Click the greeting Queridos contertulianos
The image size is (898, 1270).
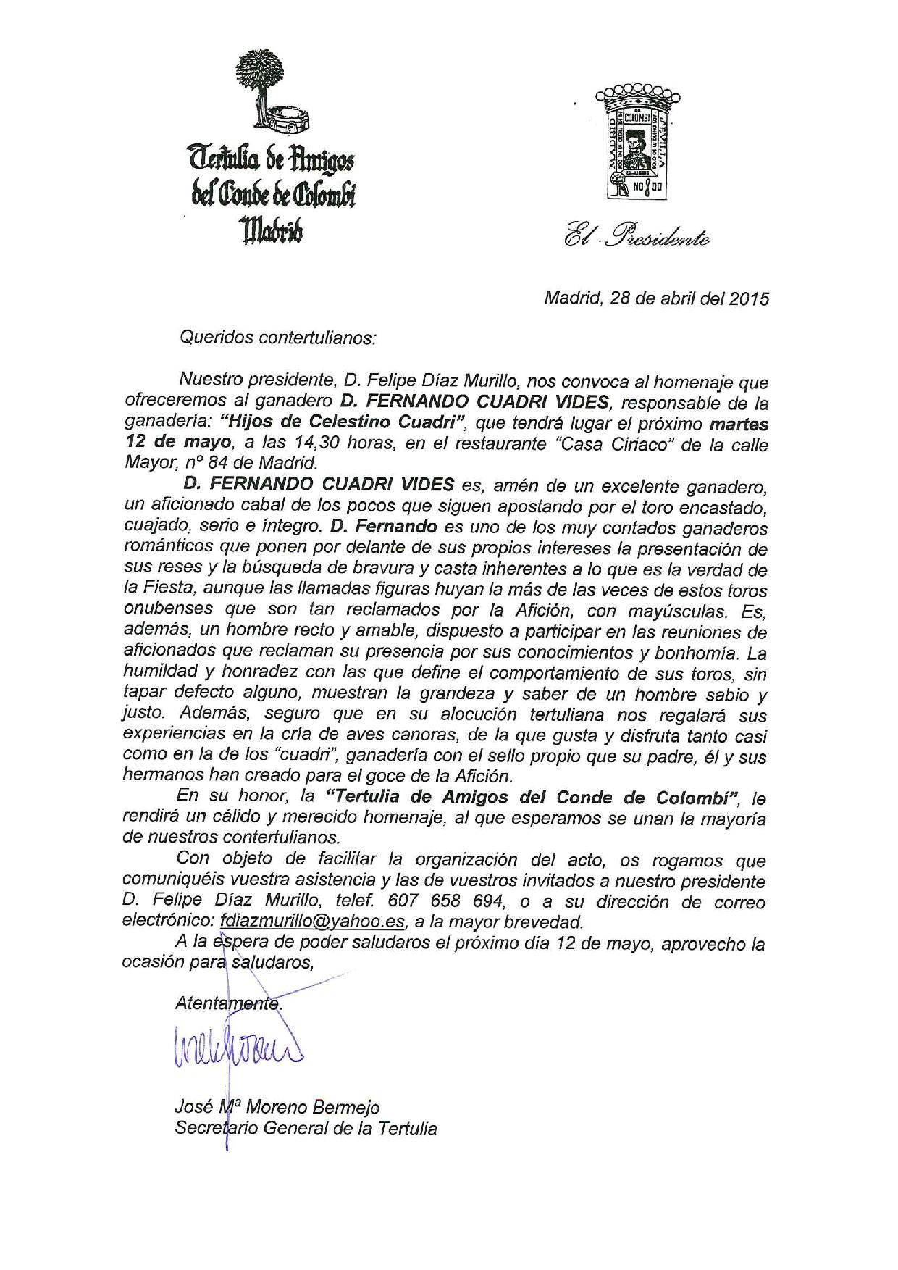click(x=278, y=337)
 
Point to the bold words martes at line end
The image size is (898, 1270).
click(x=739, y=423)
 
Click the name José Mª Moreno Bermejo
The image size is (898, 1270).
click(x=277, y=1108)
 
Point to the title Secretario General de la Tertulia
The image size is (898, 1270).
click(x=306, y=1128)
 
